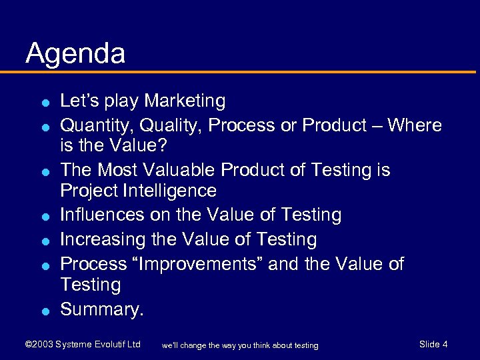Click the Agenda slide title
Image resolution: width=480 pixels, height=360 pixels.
click(75, 54)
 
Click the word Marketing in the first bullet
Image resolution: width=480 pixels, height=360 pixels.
click(185, 101)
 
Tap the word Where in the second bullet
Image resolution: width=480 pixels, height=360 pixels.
click(415, 125)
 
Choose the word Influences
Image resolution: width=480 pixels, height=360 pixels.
click(102, 215)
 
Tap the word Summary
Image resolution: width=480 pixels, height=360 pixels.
click(100, 310)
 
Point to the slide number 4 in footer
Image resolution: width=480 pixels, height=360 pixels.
click(445, 344)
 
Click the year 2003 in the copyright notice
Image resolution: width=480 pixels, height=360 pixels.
click(42, 345)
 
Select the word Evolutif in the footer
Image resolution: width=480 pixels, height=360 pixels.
click(107, 345)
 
